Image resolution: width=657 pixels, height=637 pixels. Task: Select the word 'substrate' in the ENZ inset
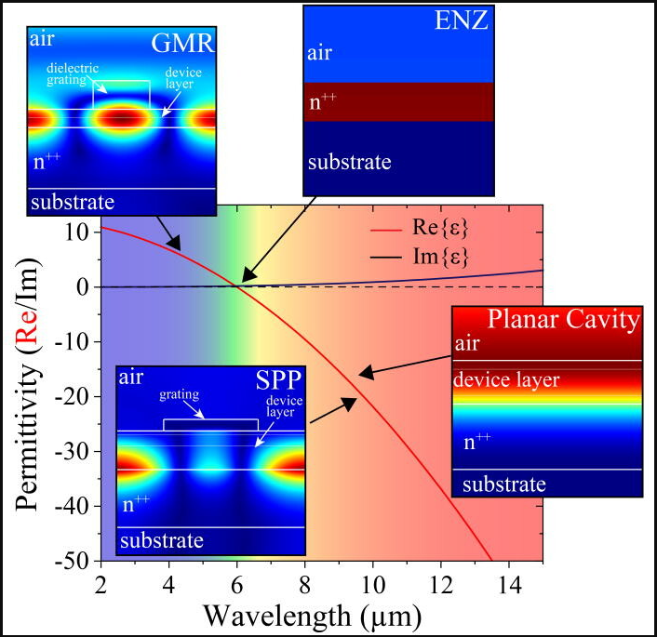click(x=349, y=162)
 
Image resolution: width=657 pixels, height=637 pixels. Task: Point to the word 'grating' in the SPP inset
click(x=179, y=394)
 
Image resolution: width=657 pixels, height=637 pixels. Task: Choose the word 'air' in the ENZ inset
click(x=319, y=53)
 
